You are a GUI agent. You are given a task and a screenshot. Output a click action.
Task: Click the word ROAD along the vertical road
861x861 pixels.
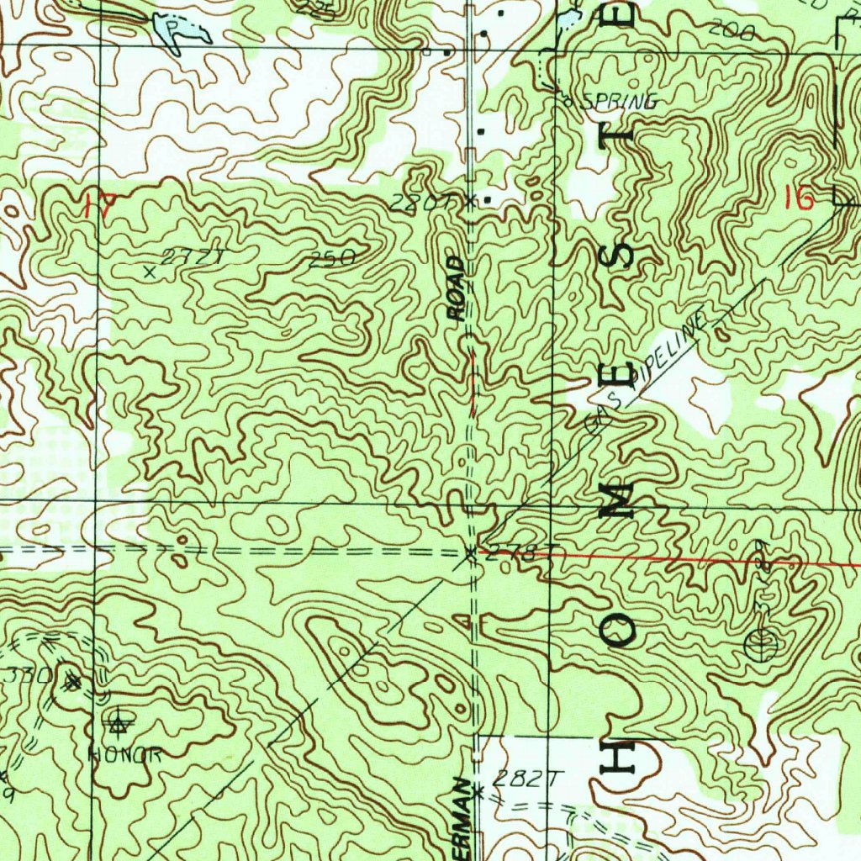click(x=456, y=289)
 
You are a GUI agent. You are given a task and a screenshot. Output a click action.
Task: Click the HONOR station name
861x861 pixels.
click(x=125, y=755)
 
